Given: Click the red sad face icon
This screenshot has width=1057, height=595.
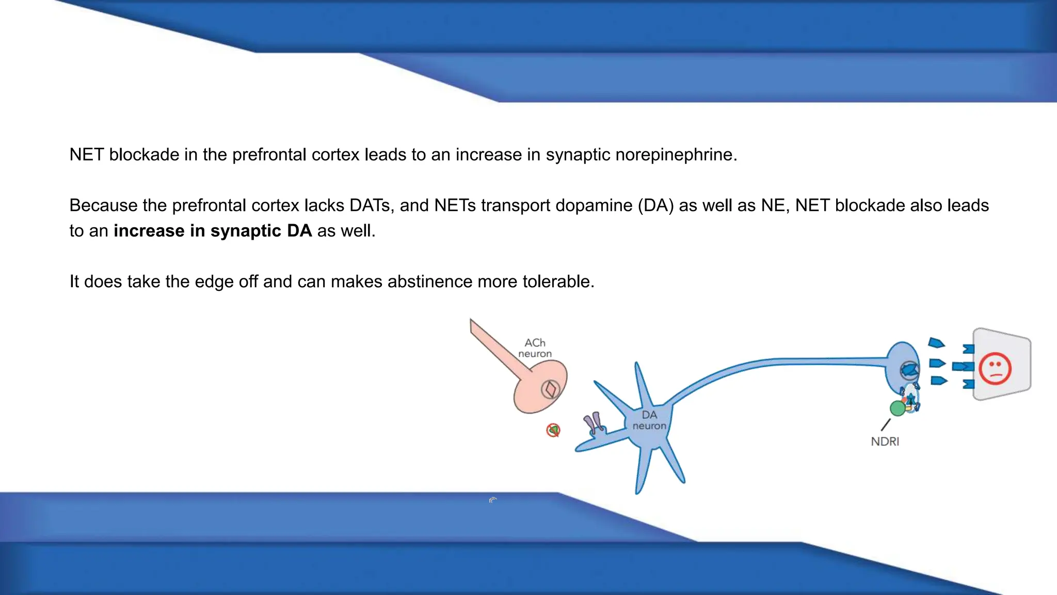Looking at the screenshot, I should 995,368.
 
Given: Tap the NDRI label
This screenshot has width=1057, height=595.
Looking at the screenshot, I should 885,442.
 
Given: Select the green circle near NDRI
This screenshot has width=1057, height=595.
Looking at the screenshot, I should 898,408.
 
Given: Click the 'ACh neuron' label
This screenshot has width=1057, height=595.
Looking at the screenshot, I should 535,348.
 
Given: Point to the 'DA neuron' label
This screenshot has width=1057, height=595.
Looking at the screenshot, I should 649,420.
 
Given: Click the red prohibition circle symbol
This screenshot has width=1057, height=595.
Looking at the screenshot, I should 553,430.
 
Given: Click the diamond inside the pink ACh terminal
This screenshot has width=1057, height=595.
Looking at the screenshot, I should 550,389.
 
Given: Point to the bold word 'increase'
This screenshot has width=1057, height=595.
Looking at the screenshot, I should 149,230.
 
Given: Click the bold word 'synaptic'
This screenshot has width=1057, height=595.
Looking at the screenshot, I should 246,230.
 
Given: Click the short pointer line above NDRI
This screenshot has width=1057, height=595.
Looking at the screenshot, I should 886,425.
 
